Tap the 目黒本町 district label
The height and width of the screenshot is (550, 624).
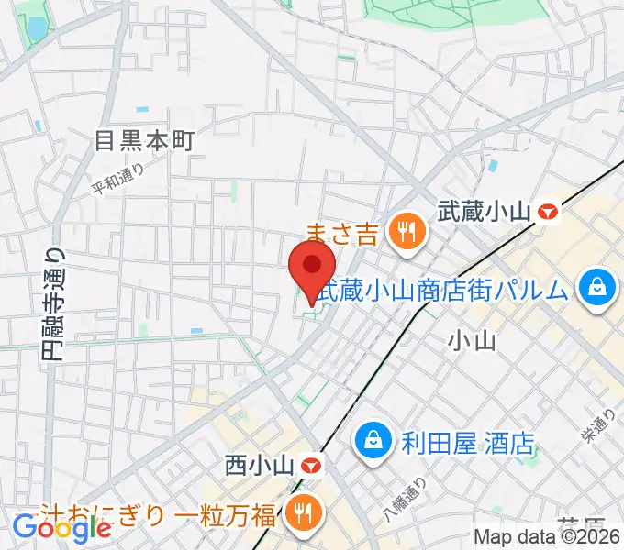point(146,140)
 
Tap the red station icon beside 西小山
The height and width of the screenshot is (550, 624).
point(311,466)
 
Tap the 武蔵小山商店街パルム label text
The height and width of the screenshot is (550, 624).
point(449,291)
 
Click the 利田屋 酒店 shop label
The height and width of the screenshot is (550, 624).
point(467,445)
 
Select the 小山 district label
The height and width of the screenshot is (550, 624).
point(472,342)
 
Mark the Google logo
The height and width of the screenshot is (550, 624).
point(61,527)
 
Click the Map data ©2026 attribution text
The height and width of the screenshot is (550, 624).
point(544,537)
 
